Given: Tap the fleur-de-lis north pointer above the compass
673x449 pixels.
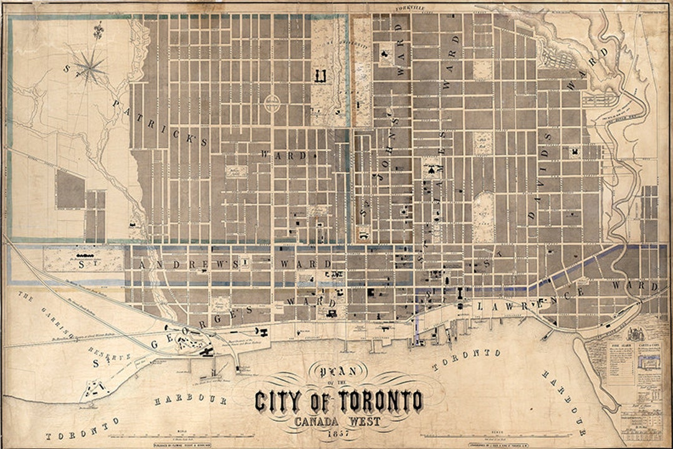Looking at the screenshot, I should (97, 29).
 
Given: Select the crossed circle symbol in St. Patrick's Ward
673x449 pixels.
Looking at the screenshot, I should (272, 104).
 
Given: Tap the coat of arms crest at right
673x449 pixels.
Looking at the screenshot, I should (636, 334).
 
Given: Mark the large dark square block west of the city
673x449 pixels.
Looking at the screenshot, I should (70, 189).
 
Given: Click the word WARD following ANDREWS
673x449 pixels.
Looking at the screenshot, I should (298, 264).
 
